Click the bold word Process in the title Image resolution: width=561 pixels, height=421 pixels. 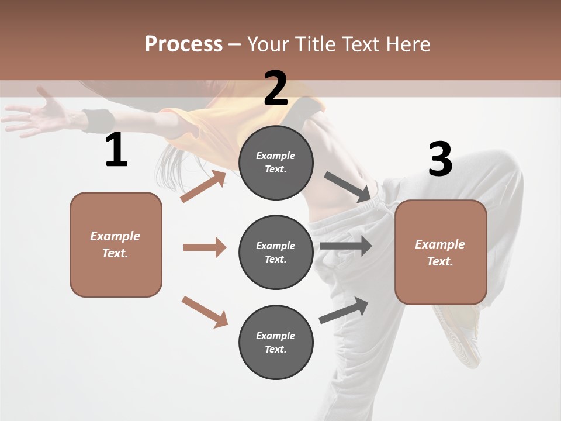183,44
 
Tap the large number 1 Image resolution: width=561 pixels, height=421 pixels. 116,150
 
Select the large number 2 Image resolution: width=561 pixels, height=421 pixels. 276,88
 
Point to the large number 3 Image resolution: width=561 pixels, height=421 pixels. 440,160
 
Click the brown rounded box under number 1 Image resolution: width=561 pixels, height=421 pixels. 116,244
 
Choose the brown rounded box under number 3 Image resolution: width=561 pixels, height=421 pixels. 441,252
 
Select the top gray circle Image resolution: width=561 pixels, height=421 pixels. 276,163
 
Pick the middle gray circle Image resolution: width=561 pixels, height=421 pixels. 276,252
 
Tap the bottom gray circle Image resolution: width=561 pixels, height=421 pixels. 276,342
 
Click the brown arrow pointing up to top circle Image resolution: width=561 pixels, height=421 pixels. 203,187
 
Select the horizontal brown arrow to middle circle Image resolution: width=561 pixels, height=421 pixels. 205,247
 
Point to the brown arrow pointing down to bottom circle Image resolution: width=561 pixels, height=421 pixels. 205,312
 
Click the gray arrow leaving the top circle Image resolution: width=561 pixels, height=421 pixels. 348,188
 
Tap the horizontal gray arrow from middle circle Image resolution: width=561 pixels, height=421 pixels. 346,246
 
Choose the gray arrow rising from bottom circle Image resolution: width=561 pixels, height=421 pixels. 344,310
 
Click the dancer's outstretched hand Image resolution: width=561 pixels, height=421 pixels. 35,114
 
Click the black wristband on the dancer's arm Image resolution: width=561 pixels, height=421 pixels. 98,120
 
